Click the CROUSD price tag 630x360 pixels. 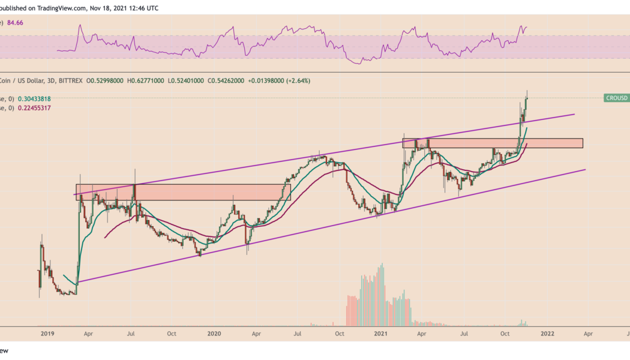(616, 98)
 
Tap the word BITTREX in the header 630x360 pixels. (67, 80)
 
